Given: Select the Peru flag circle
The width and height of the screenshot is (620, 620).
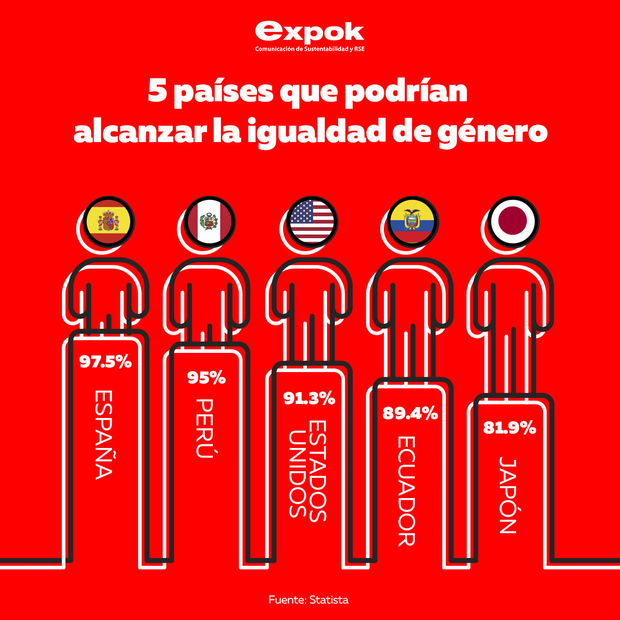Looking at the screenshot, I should point(209,221).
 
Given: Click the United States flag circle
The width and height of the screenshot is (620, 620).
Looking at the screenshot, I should point(312,221).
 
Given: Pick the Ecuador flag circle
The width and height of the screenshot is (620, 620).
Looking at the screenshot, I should point(412,221).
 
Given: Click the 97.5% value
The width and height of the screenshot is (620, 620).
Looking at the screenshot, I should point(105,362).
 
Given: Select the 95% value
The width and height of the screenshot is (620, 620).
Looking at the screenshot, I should point(206,378).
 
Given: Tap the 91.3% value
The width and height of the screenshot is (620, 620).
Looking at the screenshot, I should point(309,398).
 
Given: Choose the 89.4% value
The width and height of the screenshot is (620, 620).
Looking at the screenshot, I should point(410,413).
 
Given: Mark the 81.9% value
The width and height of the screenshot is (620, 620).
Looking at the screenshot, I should point(509,428).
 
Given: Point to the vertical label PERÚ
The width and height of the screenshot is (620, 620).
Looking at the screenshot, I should point(205,428).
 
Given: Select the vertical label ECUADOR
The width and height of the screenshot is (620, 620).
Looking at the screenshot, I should point(407,491).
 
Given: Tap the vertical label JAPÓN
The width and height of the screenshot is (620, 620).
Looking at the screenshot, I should point(508,495).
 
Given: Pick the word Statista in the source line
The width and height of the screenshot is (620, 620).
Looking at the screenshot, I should point(329,600).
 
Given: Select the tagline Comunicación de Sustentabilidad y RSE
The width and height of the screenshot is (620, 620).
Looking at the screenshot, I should point(310,49).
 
